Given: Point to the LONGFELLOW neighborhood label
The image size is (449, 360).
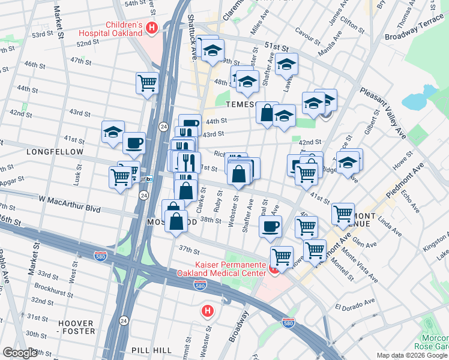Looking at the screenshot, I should coord(55,152).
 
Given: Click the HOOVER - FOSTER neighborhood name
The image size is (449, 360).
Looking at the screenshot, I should coord(76,327).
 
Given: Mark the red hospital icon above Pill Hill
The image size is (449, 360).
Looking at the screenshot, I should coord(207,311).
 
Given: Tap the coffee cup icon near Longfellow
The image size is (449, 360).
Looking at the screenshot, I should coord(134,143).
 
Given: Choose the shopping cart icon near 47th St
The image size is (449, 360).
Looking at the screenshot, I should coord(147,83).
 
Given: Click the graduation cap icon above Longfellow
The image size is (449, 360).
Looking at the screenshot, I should coord(113,132).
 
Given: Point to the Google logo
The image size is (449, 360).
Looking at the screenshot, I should coord(20,353).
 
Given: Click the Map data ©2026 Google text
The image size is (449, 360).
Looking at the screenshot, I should coord(412,355).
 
